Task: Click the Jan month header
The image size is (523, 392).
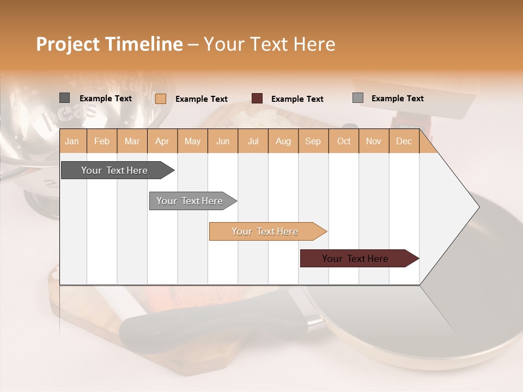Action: (72, 141)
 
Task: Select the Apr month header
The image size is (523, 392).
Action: (162, 141)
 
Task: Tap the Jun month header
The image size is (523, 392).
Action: (223, 141)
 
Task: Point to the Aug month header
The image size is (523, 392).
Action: (283, 141)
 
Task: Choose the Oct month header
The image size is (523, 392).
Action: (344, 141)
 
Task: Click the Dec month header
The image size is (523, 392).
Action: (404, 141)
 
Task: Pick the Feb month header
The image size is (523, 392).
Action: (102, 141)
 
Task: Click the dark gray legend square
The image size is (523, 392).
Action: (65, 98)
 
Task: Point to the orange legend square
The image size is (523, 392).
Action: (161, 99)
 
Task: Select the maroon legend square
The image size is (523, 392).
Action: (257, 99)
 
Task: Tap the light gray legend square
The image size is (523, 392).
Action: (358, 98)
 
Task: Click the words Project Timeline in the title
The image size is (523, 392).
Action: (109, 44)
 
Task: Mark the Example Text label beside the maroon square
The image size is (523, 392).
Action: (297, 99)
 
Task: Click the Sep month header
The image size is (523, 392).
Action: (313, 141)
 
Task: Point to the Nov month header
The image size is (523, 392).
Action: (373, 141)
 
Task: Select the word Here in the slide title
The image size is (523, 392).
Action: (314, 44)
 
